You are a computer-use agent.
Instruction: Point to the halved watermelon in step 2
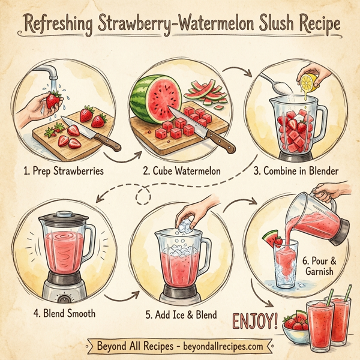tap(154, 98)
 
